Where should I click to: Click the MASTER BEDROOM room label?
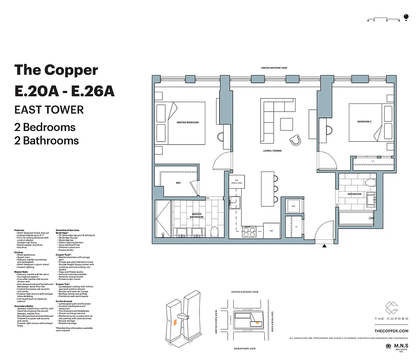click(x=188, y=122)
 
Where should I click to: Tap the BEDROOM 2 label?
click(x=364, y=122)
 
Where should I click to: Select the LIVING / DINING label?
click(x=273, y=151)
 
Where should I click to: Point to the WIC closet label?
click(x=178, y=183)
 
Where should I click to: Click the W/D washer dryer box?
click(x=293, y=207)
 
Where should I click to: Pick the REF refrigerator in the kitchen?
click(x=271, y=231)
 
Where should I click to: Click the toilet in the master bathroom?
click(x=215, y=232)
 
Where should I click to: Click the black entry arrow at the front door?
click(x=324, y=246)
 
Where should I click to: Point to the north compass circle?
click(x=406, y=19)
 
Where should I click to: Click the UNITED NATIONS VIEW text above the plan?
click(x=274, y=68)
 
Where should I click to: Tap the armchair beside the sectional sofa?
click(x=296, y=140)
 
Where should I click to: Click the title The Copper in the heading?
click(x=56, y=70)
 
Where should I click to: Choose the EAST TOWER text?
click(x=49, y=109)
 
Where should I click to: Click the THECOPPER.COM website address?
click(x=391, y=331)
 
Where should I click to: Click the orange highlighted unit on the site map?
click(x=257, y=322)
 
